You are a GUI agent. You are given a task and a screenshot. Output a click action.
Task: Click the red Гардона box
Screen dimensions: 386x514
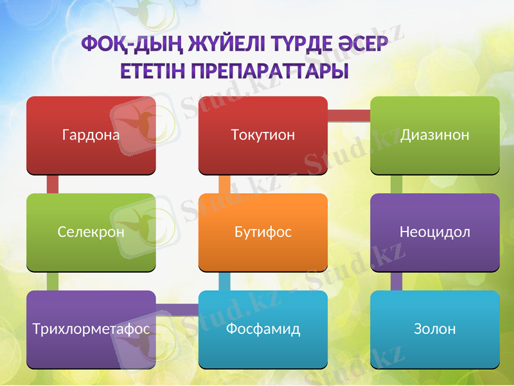click(91, 135)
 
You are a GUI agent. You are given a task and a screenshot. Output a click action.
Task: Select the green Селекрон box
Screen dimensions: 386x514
click(91, 232)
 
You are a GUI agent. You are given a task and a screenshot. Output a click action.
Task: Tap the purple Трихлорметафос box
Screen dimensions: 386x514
click(91, 329)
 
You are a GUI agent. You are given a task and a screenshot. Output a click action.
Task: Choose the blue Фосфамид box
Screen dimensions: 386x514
click(263, 329)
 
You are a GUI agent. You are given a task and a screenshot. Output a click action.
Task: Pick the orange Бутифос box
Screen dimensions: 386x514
click(263, 232)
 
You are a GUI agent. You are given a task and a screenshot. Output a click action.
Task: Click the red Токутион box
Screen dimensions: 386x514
click(263, 135)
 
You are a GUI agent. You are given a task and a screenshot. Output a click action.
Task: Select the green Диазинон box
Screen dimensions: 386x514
click(435, 135)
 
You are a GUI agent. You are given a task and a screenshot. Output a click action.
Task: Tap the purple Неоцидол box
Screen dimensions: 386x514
click(435, 232)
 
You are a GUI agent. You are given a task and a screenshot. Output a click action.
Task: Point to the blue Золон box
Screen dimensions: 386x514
click(435, 329)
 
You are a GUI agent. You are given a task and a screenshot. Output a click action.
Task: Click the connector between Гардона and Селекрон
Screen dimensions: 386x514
click(53, 184)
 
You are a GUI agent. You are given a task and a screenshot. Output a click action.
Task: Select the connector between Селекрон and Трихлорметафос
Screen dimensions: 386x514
click(53, 280)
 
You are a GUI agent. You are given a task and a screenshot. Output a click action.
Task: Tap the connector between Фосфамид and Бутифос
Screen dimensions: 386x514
click(224, 280)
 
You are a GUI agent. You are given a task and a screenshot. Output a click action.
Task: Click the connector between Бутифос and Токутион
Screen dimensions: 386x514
click(224, 184)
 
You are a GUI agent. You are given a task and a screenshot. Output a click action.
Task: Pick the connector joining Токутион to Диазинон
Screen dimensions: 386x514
click(349, 116)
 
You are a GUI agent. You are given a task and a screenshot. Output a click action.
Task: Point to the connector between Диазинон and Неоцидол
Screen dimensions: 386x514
click(396, 184)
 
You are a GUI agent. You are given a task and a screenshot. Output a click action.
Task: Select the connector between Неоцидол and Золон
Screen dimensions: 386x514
click(396, 280)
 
